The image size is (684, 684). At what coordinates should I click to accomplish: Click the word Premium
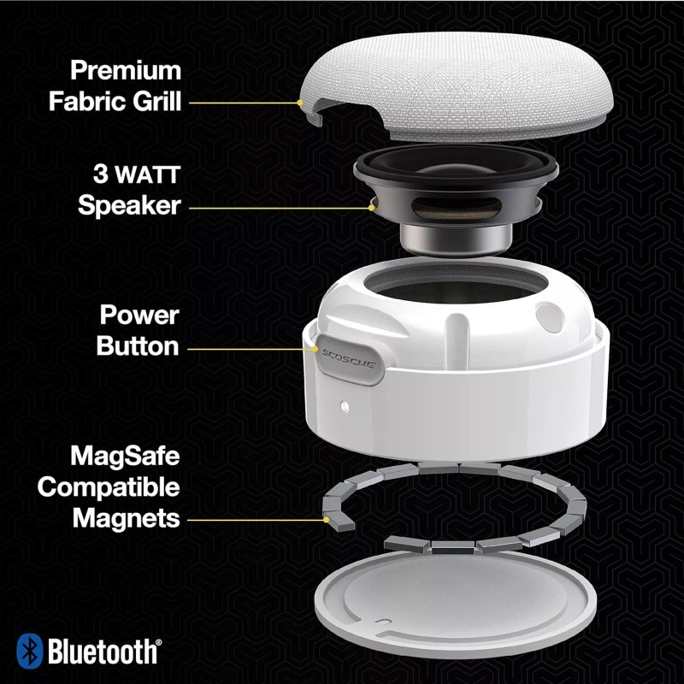pos(126,70)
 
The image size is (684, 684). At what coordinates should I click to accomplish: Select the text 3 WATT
pos(138,176)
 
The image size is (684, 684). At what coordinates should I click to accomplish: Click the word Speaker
pos(129,206)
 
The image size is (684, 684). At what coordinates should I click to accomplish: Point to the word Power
pos(139,315)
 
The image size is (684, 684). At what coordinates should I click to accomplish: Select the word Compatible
pos(109,487)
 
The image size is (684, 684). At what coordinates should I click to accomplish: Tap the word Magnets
pos(127,518)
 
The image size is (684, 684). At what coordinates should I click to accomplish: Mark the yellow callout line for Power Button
pos(248,348)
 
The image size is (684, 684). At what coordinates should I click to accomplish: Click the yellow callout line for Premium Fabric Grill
pos(243,103)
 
